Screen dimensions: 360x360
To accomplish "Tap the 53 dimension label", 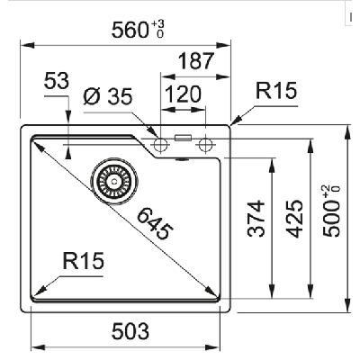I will click(x=56, y=82).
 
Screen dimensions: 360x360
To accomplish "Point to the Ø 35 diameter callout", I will click(x=107, y=96).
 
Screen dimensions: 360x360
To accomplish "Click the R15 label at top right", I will click(x=275, y=91).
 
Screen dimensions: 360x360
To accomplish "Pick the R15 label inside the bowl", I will click(x=84, y=261).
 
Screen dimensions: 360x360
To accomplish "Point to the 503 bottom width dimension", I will click(x=130, y=330).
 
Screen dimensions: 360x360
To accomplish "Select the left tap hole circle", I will click(x=162, y=145).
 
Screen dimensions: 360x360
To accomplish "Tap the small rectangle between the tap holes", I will click(x=184, y=139).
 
